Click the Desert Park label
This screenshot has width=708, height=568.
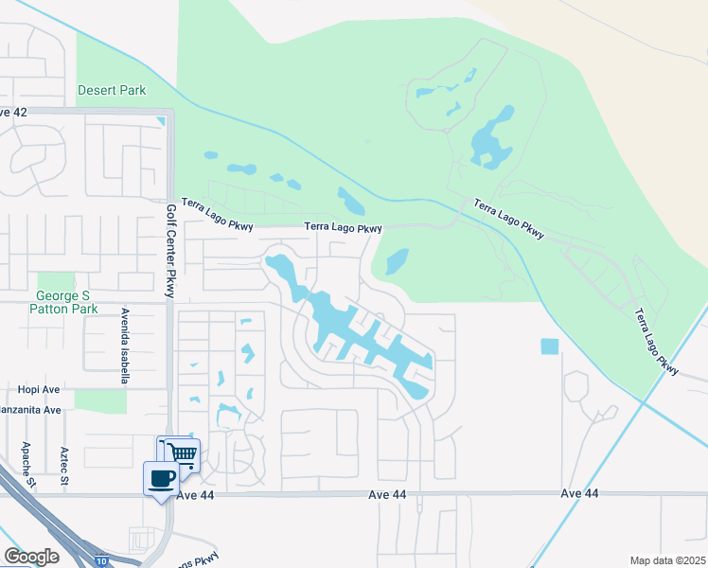tap(112, 91)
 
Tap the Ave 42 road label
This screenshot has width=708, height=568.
tap(12, 112)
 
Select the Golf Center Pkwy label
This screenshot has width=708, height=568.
tap(171, 251)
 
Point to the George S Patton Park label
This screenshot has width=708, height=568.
tap(63, 302)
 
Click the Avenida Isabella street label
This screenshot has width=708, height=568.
tap(124, 345)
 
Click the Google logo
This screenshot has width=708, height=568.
tap(31, 557)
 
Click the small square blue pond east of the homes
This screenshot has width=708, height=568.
tap(550, 346)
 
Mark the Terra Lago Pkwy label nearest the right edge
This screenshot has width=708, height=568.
tap(656, 341)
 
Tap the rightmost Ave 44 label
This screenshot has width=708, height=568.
tap(579, 494)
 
